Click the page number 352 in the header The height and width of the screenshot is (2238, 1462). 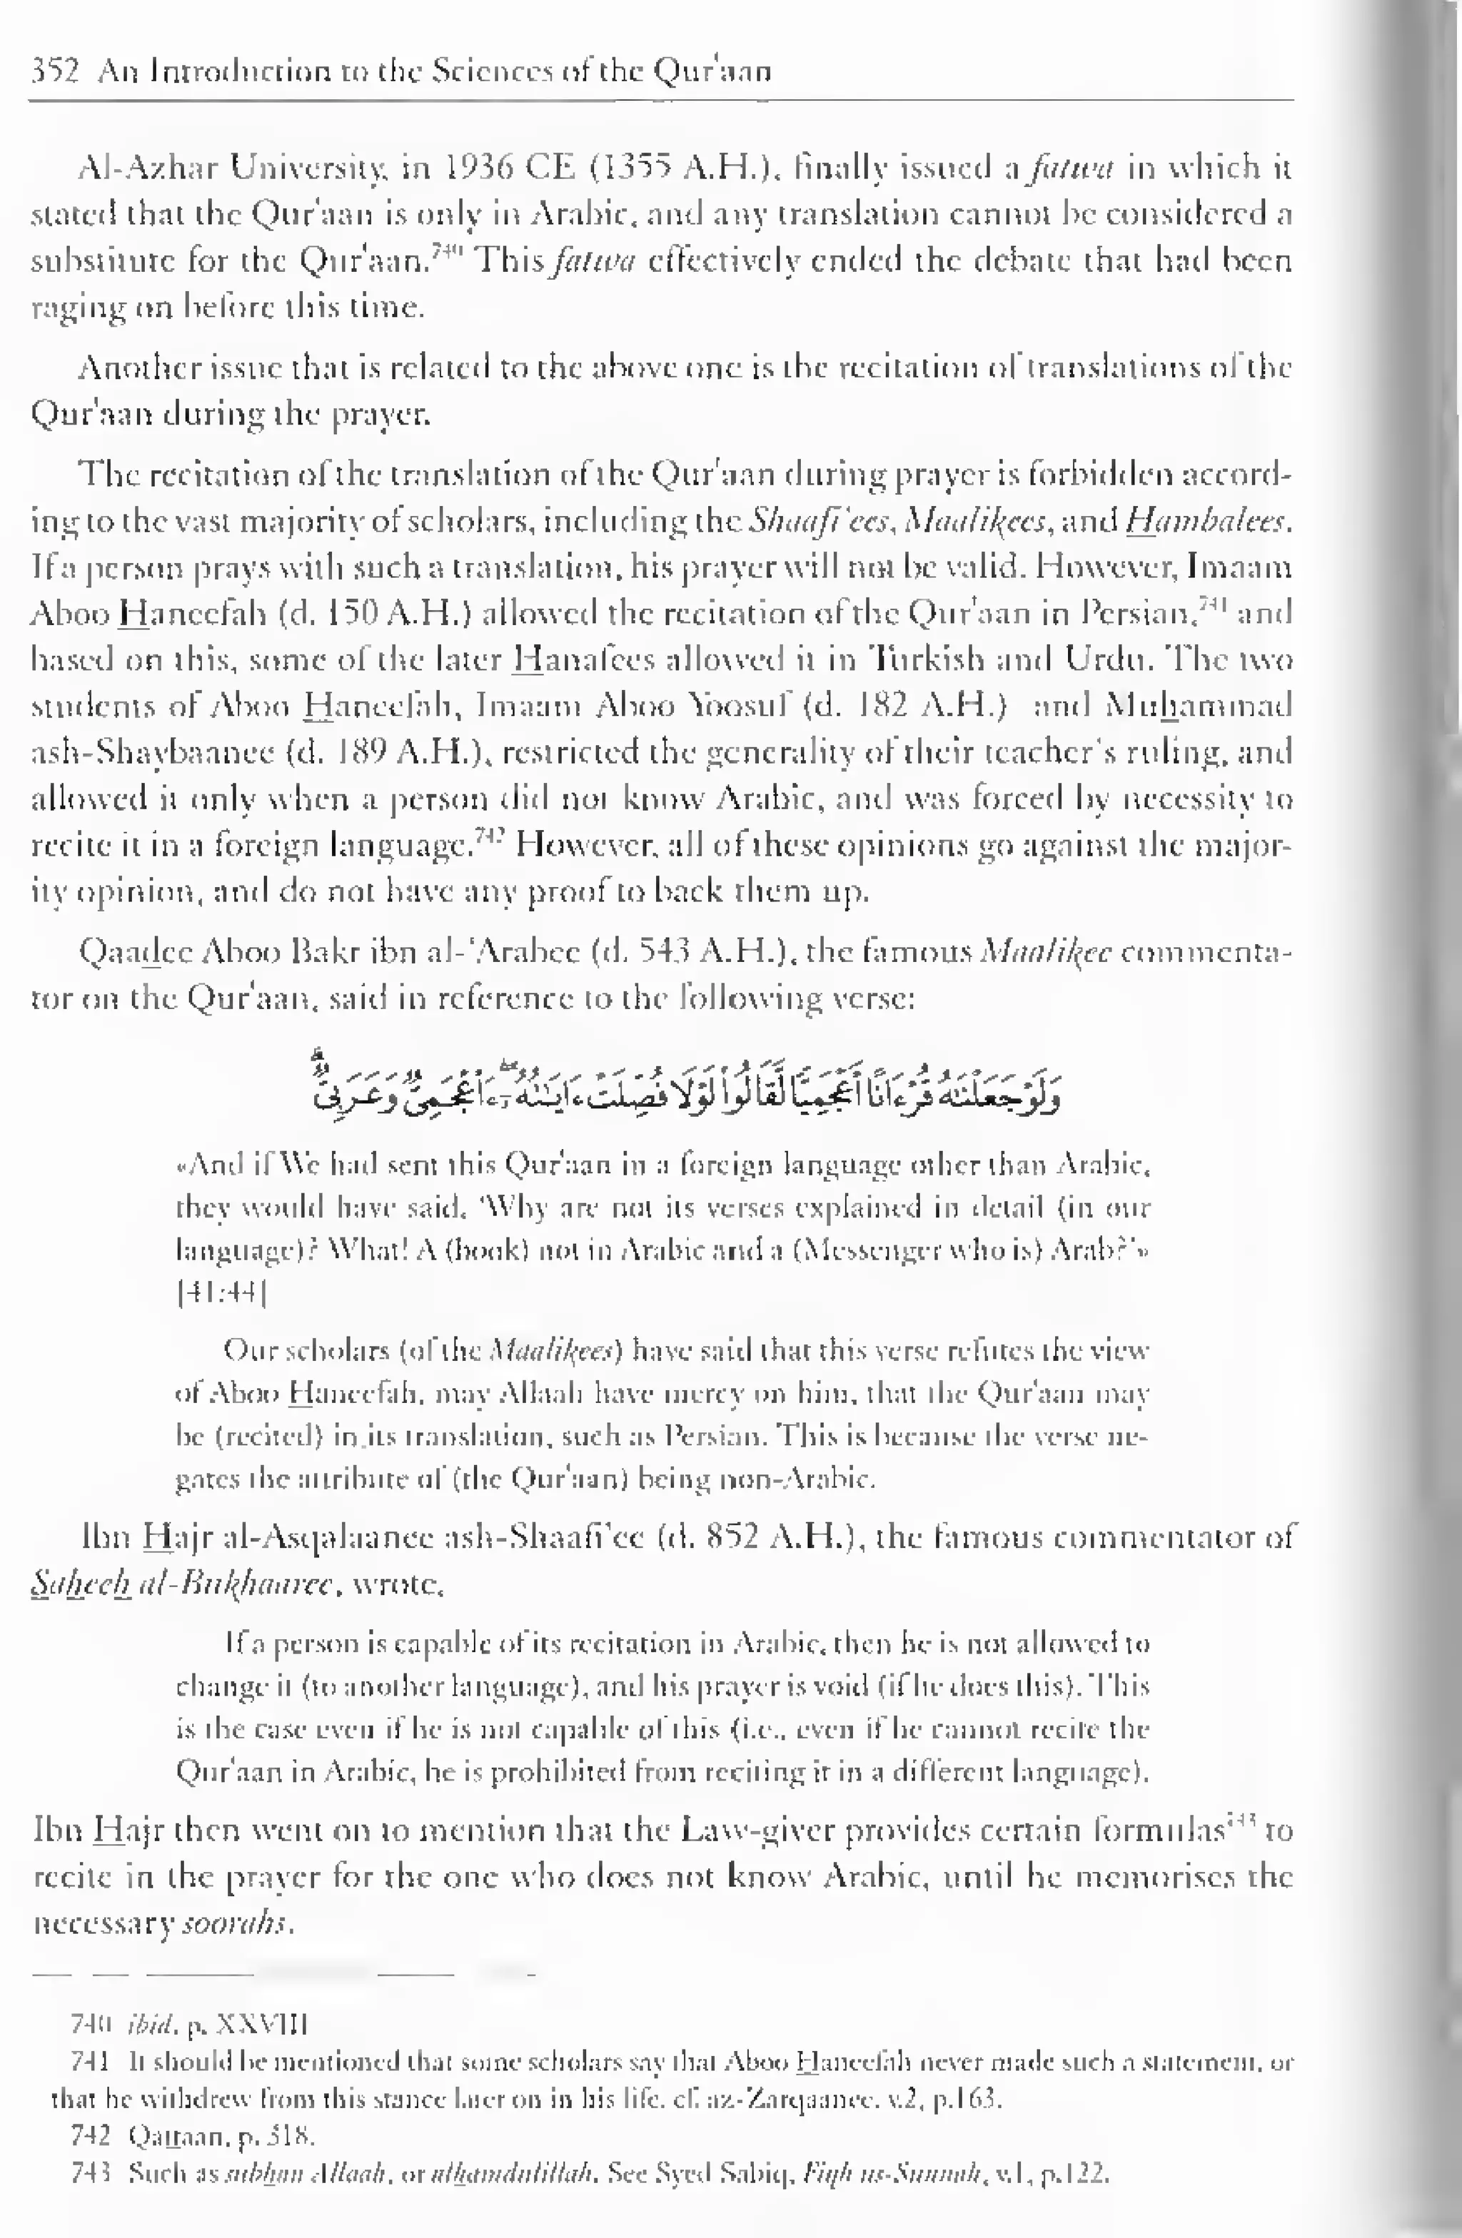(x=54, y=71)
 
